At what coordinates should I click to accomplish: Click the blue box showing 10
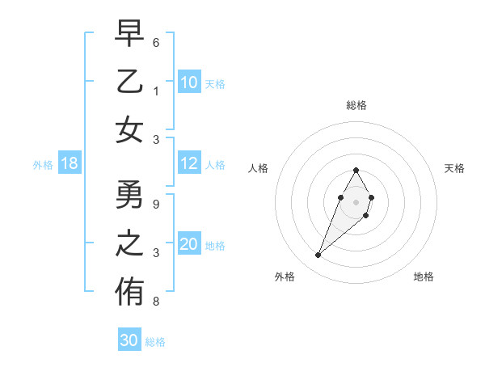189,82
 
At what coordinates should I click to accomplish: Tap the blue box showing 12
189,164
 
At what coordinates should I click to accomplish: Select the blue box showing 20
189,245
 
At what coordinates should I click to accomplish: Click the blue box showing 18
70,164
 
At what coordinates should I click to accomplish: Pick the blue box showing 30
129,340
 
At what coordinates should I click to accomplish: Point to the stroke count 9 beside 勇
156,204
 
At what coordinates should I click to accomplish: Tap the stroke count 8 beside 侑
156,302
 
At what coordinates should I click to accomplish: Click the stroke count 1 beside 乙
156,91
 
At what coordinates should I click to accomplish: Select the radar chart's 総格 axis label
356,105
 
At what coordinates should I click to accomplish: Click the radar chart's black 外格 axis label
285,277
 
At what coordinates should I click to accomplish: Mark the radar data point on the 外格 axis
318,255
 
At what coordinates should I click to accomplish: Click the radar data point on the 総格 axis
356,170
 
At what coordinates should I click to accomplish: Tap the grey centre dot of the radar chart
356,202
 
